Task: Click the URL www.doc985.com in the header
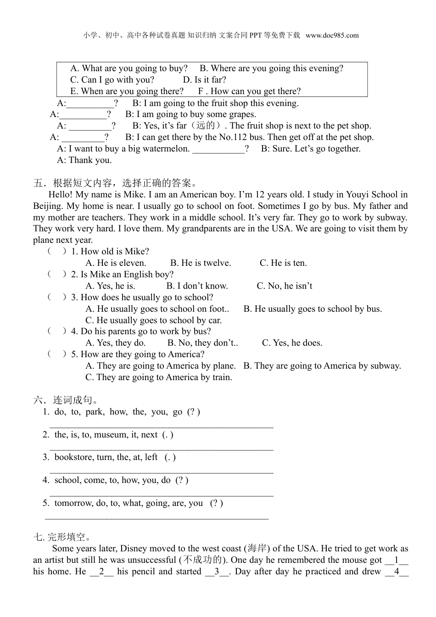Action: click(332, 35)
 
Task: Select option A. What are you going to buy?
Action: click(129, 68)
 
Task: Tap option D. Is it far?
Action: click(205, 79)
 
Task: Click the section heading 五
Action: click(39, 183)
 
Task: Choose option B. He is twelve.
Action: click(201, 263)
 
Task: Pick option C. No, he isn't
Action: click(285, 286)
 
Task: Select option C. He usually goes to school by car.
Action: click(153, 320)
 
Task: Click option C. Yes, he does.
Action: click(292, 343)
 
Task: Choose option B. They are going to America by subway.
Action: click(322, 366)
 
